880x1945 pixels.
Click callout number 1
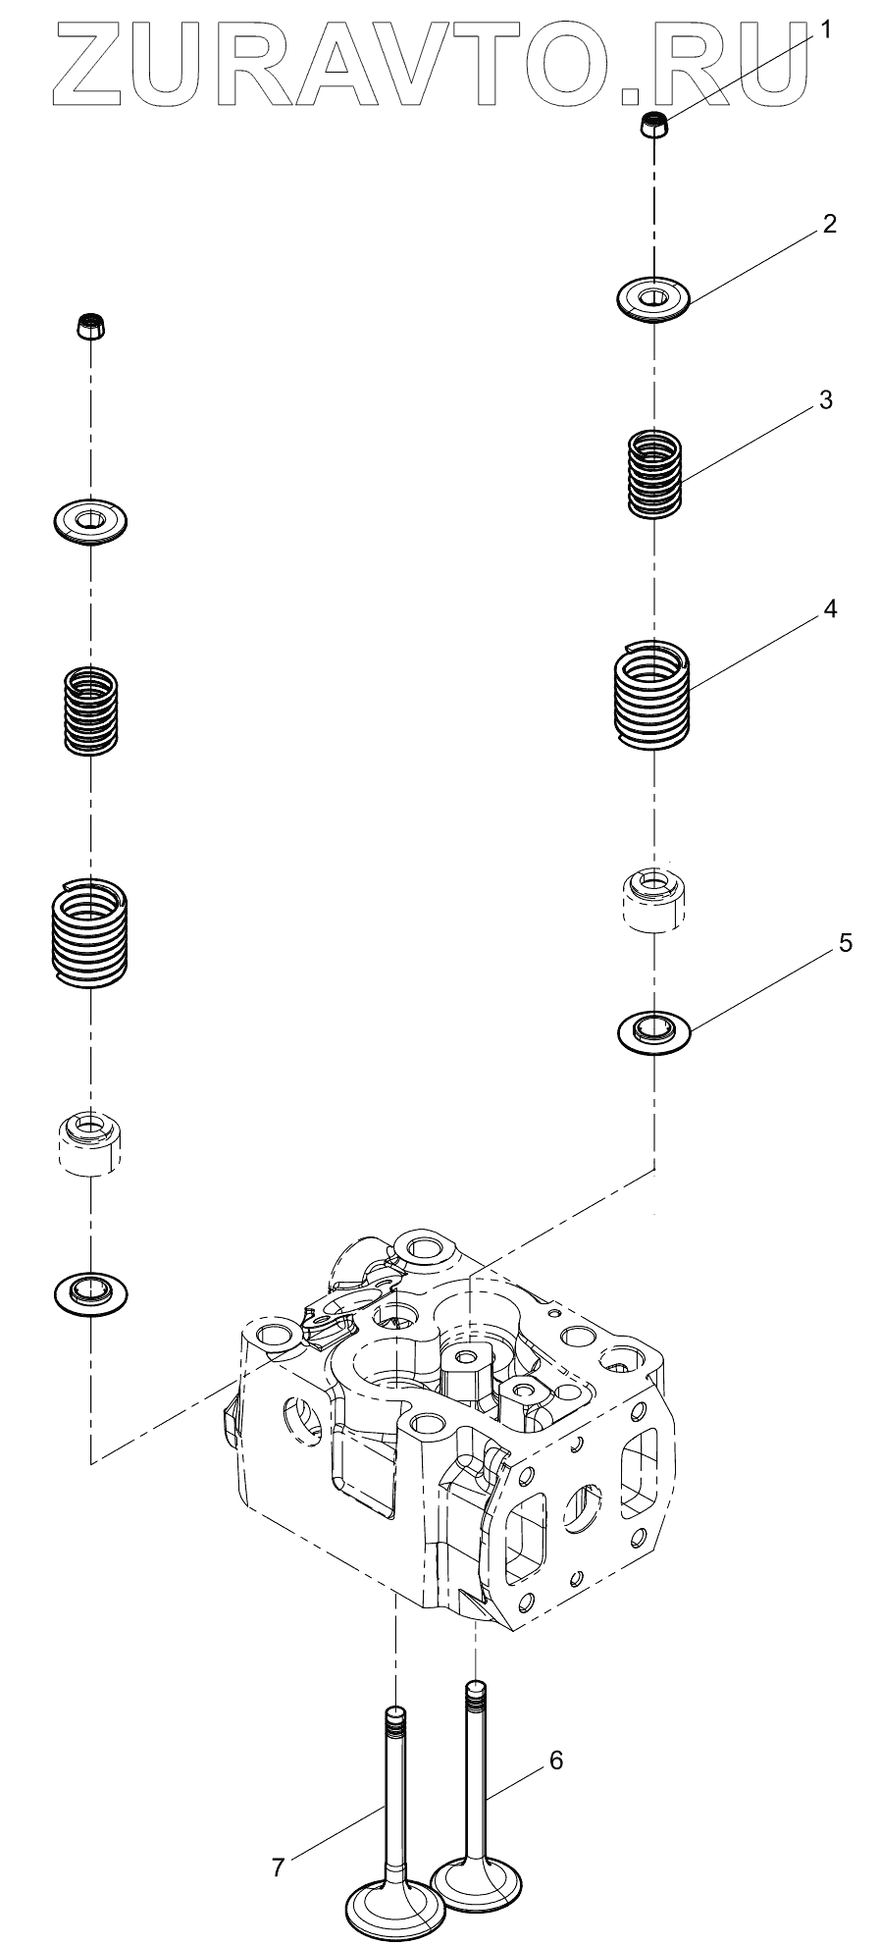(825, 30)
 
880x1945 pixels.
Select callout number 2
(829, 224)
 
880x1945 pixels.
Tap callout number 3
(825, 400)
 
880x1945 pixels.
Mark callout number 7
(279, 1867)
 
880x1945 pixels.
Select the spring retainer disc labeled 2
(653, 296)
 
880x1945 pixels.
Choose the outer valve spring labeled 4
(653, 692)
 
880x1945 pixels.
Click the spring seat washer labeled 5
(653, 1030)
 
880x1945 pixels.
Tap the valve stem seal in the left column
(90, 1141)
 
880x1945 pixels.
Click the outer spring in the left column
(89, 931)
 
